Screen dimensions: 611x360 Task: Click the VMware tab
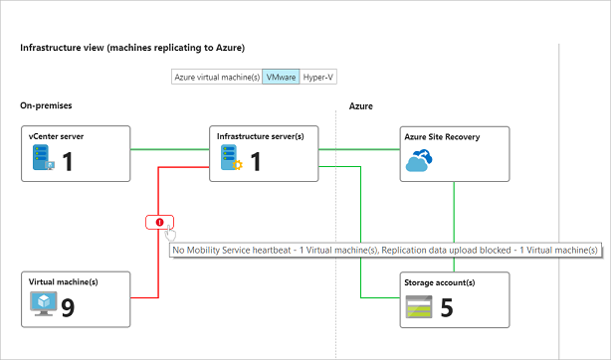tap(281, 77)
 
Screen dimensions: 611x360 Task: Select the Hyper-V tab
tap(318, 77)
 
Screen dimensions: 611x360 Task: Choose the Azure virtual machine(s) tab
tap(217, 77)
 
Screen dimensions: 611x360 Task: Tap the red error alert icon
tap(160, 222)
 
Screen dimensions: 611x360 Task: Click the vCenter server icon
tap(43, 157)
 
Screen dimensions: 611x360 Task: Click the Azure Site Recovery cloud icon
tap(419, 160)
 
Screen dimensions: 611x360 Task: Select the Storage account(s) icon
tap(419, 306)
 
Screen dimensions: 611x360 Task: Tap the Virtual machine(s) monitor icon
tap(43, 304)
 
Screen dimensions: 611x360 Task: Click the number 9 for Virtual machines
tap(68, 308)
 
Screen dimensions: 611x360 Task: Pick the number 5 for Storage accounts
tap(447, 308)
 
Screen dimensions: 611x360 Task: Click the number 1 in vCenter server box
tap(68, 161)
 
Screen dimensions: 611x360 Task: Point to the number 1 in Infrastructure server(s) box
tap(256, 161)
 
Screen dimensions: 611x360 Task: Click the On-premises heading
tap(46, 105)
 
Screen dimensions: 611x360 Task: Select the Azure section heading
tap(361, 106)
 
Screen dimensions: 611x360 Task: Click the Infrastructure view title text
tap(132, 48)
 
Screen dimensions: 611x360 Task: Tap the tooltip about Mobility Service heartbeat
tap(385, 251)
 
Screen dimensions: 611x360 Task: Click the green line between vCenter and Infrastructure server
tap(170, 149)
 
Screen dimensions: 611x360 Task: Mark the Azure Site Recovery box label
tap(442, 137)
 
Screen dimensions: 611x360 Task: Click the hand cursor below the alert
tap(170, 234)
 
